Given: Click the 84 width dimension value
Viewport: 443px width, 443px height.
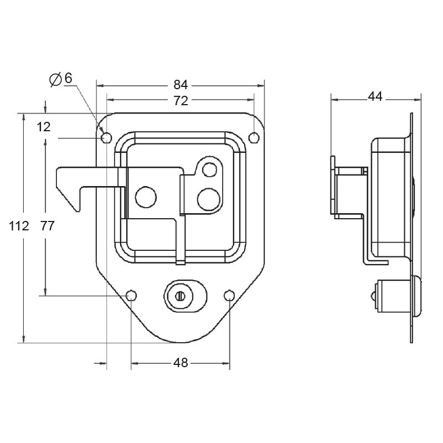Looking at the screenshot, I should click(x=181, y=85).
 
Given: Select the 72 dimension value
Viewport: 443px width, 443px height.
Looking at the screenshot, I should click(x=181, y=100).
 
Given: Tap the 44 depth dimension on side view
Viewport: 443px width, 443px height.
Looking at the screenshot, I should click(x=375, y=96).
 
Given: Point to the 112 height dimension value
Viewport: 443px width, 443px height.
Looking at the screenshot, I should click(x=18, y=226).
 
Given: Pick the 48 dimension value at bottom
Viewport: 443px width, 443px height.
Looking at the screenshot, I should click(x=181, y=363).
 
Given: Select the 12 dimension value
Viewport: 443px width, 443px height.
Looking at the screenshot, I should click(x=44, y=127).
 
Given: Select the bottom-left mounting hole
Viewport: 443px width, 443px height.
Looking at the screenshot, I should click(x=131, y=296).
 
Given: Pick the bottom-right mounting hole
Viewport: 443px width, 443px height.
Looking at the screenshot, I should click(x=229, y=296).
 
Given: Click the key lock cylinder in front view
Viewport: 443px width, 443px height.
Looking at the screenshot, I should click(x=181, y=296).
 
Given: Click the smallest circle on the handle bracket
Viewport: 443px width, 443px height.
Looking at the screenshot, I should click(x=209, y=168).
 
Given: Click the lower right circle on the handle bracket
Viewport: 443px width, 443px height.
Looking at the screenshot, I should click(x=209, y=197).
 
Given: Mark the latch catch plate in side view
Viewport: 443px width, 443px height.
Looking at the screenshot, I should click(x=333, y=186).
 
